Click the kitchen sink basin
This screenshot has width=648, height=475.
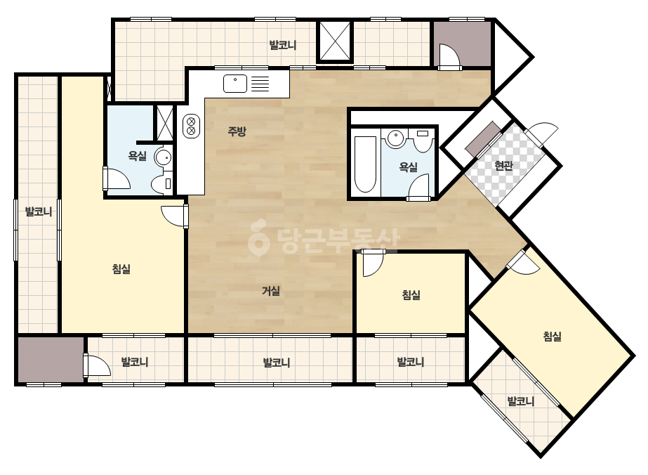click(x=235, y=83)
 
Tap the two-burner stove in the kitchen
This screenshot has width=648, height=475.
click(x=191, y=126)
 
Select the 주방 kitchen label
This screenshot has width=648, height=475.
click(x=237, y=131)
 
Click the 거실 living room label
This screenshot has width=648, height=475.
click(x=271, y=291)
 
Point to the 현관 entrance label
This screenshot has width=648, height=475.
click(x=504, y=166)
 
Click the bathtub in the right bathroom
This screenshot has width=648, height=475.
click(x=365, y=164)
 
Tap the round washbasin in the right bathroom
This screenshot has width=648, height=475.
click(x=395, y=138)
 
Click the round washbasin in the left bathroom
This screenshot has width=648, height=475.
click(x=163, y=157)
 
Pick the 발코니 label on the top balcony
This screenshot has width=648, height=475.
click(x=283, y=45)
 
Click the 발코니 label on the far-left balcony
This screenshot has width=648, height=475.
click(x=39, y=212)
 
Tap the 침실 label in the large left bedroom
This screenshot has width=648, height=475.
click(x=121, y=269)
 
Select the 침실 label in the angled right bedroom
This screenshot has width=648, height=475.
click(x=552, y=336)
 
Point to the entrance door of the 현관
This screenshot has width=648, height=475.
click(x=541, y=134)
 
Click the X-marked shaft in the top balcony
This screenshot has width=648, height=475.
click(x=335, y=41)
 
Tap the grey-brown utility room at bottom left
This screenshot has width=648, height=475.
click(x=51, y=360)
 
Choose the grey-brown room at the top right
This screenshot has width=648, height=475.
click(x=463, y=44)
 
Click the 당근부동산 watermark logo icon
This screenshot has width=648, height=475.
click(x=258, y=237)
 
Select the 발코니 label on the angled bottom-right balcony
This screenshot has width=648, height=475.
click(x=521, y=401)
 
